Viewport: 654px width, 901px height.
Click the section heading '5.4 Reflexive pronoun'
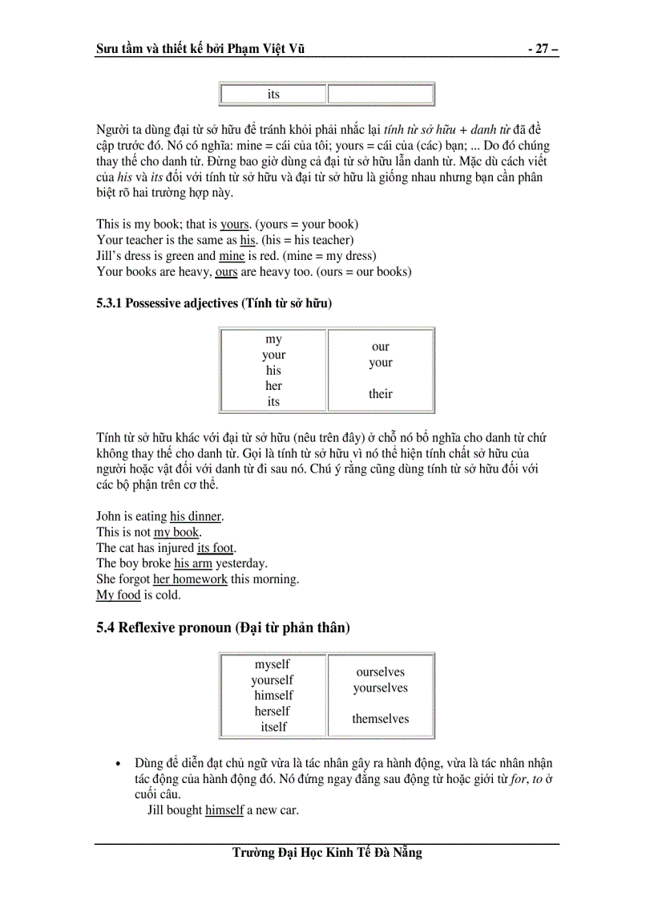click(222, 628)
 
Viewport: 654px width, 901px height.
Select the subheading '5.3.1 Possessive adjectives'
click(213, 303)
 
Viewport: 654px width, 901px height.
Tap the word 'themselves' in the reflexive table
click(380, 719)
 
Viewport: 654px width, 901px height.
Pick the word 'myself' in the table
click(272, 664)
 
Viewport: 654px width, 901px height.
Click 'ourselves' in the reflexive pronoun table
click(380, 672)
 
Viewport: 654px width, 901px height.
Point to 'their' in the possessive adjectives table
click(380, 394)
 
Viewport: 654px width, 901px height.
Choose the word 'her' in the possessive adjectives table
click(273, 386)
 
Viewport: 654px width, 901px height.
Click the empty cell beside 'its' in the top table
click(380, 95)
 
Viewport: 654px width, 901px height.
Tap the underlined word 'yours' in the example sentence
click(235, 225)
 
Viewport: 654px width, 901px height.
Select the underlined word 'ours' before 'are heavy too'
click(226, 272)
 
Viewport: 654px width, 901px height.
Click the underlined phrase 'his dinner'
click(196, 517)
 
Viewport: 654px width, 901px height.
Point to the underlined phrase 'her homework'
click(190, 579)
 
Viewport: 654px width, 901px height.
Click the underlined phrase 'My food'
click(118, 595)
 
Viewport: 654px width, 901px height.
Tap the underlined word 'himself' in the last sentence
click(224, 810)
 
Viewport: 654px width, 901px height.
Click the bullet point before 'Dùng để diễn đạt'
click(119, 764)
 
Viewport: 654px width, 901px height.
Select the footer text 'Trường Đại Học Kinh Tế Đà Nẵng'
click(327, 853)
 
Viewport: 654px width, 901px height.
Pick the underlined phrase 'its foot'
click(216, 548)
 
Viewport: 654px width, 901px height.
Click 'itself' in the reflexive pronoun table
click(273, 727)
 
